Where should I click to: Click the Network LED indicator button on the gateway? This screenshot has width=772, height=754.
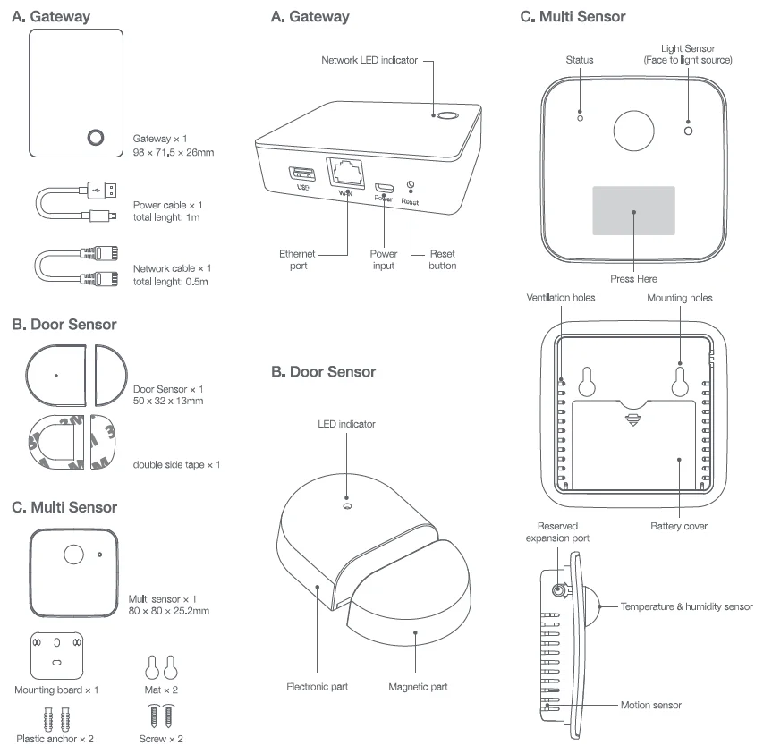445,115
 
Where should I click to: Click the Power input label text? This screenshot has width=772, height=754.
384,259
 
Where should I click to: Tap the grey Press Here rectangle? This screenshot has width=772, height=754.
633,211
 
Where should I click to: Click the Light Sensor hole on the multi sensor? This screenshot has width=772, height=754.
688,131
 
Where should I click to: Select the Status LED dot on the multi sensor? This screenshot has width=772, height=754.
580,118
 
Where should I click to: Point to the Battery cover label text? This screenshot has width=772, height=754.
678,527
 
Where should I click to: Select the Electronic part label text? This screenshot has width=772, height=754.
318,687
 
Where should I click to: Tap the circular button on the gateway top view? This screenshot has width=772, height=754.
95,137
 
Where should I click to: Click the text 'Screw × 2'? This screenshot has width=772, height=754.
162,740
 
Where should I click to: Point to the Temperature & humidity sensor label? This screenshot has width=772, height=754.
686,606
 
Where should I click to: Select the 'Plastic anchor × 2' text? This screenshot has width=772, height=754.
56,740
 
